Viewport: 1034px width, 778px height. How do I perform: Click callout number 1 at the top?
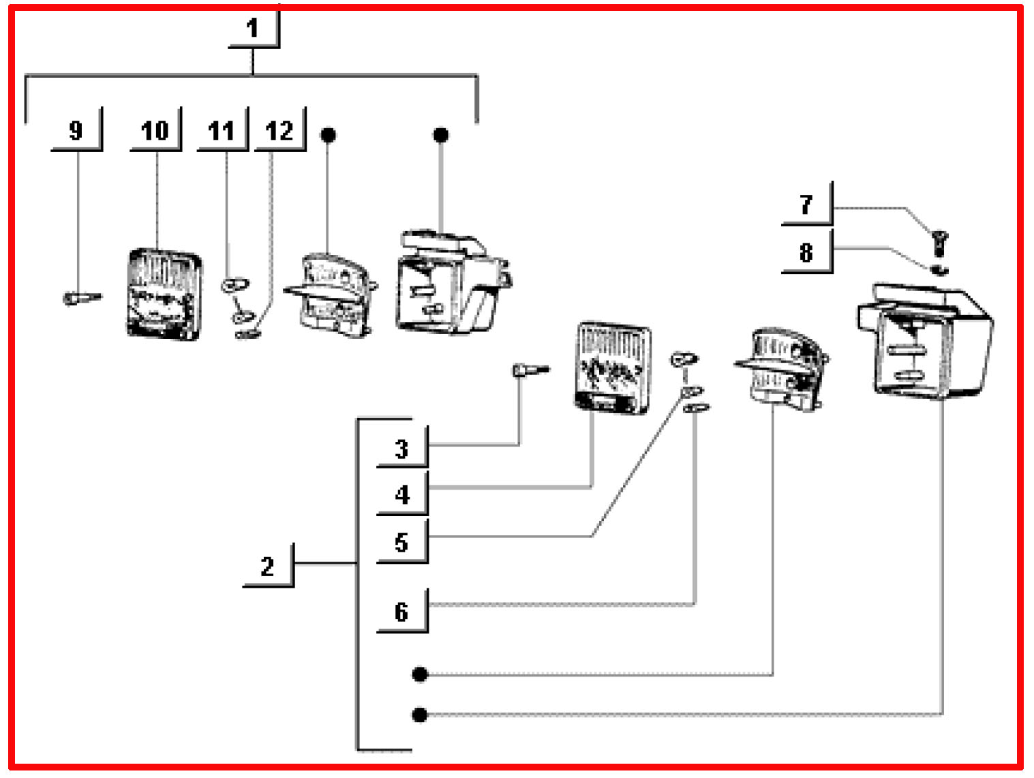(x=253, y=29)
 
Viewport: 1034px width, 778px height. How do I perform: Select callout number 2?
(x=267, y=566)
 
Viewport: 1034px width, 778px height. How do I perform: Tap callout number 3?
(x=401, y=449)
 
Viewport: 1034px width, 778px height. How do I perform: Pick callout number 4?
(x=402, y=494)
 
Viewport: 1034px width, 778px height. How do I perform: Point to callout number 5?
(x=401, y=543)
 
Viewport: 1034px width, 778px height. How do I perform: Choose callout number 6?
(x=401, y=612)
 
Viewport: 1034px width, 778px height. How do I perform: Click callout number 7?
(x=806, y=204)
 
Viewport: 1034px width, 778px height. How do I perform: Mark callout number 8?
(x=806, y=252)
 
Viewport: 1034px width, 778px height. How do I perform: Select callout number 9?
(x=76, y=130)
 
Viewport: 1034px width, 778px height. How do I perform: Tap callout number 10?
(x=155, y=130)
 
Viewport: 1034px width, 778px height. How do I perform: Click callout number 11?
(x=221, y=130)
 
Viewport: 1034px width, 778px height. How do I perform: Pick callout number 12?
(x=279, y=130)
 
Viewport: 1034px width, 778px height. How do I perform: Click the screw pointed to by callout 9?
(x=80, y=297)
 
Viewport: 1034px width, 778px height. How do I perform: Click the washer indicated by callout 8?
(x=939, y=269)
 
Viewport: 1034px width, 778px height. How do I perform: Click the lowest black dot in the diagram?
(x=420, y=715)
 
